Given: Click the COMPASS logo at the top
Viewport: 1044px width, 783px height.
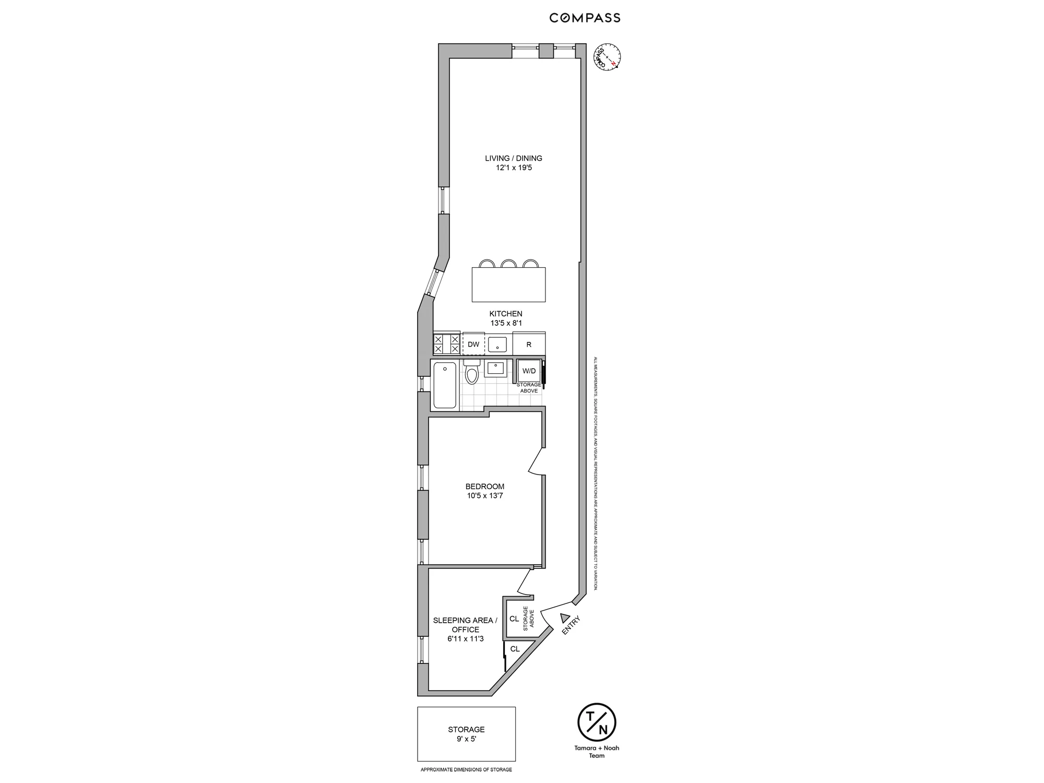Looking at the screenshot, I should [585, 18].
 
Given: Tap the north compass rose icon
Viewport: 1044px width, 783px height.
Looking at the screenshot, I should [607, 57].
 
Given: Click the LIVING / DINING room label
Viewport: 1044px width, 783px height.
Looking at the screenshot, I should [513, 158].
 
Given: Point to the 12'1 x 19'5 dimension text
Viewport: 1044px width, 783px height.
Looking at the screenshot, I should [514, 168].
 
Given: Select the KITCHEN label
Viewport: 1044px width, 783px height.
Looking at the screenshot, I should [505, 314].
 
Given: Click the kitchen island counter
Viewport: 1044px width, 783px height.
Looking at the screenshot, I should [508, 284].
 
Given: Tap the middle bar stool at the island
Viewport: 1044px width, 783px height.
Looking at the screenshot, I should [508, 263].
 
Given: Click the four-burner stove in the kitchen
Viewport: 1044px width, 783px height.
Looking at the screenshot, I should [446, 344].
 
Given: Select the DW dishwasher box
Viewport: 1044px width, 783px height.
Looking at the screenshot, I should [473, 345].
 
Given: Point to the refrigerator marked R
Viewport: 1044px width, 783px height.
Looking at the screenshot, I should [529, 345].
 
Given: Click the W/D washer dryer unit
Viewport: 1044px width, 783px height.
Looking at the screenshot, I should [529, 371].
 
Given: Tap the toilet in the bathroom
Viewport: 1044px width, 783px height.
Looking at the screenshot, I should [472, 373].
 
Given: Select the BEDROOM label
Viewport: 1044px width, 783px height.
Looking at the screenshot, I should [484, 487].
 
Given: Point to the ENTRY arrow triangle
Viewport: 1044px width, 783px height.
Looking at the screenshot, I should [564, 618].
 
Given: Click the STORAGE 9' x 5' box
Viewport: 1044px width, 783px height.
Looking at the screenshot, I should [466, 734].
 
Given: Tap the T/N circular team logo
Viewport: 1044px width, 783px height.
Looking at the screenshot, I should [597, 723].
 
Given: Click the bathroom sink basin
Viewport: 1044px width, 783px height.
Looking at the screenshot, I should [494, 369].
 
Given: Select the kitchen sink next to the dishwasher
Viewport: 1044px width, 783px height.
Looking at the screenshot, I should [497, 345].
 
